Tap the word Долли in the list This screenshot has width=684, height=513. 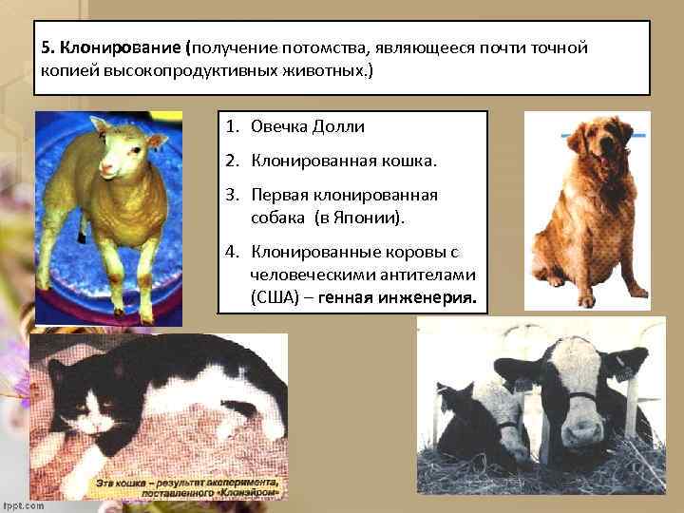pos(339,126)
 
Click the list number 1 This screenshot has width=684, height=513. pos(232,126)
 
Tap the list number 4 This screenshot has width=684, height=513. pos(232,252)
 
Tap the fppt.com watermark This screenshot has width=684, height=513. pos(23,505)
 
